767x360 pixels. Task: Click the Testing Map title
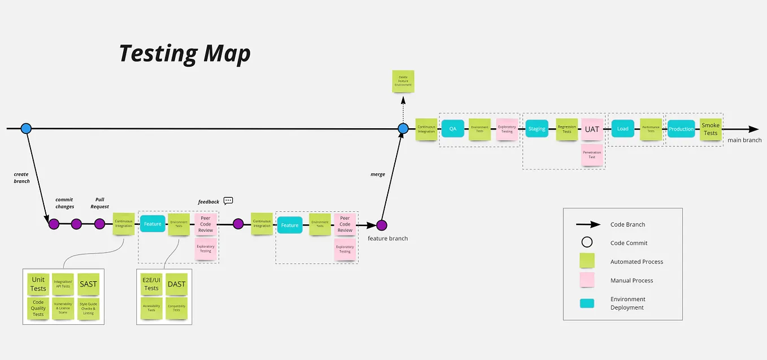point(185,54)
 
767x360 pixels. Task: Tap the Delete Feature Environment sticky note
point(403,81)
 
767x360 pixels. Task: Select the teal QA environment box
point(453,129)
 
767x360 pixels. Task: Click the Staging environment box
point(537,129)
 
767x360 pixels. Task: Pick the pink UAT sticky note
point(592,129)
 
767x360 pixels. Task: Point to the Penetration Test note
point(592,154)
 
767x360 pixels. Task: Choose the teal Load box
point(622,129)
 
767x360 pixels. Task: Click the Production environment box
point(681,129)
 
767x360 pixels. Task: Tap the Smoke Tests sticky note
point(711,129)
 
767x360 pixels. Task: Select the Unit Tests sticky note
point(38,284)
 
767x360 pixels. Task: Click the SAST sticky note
point(88,284)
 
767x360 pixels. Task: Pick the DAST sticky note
point(176,284)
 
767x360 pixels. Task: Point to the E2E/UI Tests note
point(151,284)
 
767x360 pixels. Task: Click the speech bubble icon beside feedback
point(228,201)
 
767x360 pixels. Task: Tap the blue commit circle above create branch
point(25,128)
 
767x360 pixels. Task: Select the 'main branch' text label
point(744,140)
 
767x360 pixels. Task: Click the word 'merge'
point(378,175)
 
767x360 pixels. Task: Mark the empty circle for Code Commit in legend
point(587,243)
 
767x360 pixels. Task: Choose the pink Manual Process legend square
point(587,280)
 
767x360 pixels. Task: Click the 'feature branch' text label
point(387,238)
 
